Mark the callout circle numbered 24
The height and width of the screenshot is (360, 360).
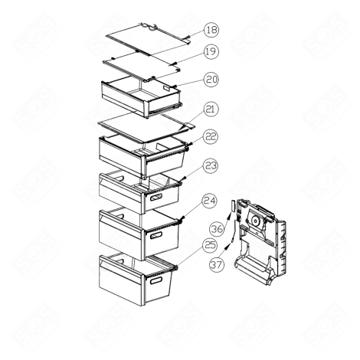[211, 201]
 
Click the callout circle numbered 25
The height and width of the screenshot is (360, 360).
[209, 246]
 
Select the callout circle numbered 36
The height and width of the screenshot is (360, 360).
[217, 228]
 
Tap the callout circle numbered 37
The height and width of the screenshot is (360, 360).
[217, 265]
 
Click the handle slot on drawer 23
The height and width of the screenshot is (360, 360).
[154, 199]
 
